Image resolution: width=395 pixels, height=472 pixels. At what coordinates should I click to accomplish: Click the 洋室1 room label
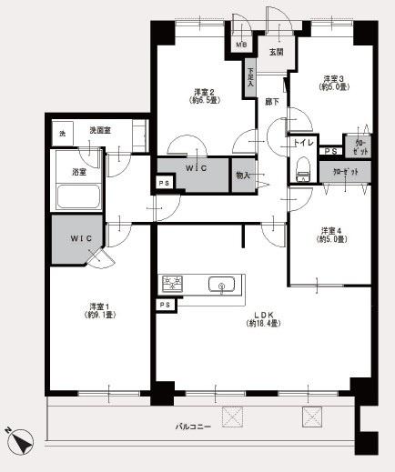(x=101, y=305)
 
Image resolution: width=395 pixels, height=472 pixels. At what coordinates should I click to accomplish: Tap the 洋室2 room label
(x=204, y=92)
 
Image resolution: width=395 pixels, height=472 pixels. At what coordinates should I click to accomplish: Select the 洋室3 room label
(x=329, y=78)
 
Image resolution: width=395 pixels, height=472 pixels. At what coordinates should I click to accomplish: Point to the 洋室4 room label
(x=329, y=229)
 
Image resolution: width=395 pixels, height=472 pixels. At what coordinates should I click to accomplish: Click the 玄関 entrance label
(x=275, y=52)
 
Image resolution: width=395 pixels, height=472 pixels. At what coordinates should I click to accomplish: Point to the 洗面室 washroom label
(x=100, y=131)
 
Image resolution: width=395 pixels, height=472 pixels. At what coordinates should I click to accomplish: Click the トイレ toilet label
(x=302, y=144)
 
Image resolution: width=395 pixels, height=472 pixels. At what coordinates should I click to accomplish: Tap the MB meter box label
(x=241, y=44)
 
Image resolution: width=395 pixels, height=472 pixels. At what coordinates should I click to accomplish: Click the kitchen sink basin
(x=220, y=287)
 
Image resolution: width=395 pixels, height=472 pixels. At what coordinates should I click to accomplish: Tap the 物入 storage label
(x=243, y=176)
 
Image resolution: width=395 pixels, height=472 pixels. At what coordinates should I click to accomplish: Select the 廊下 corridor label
(x=271, y=103)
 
